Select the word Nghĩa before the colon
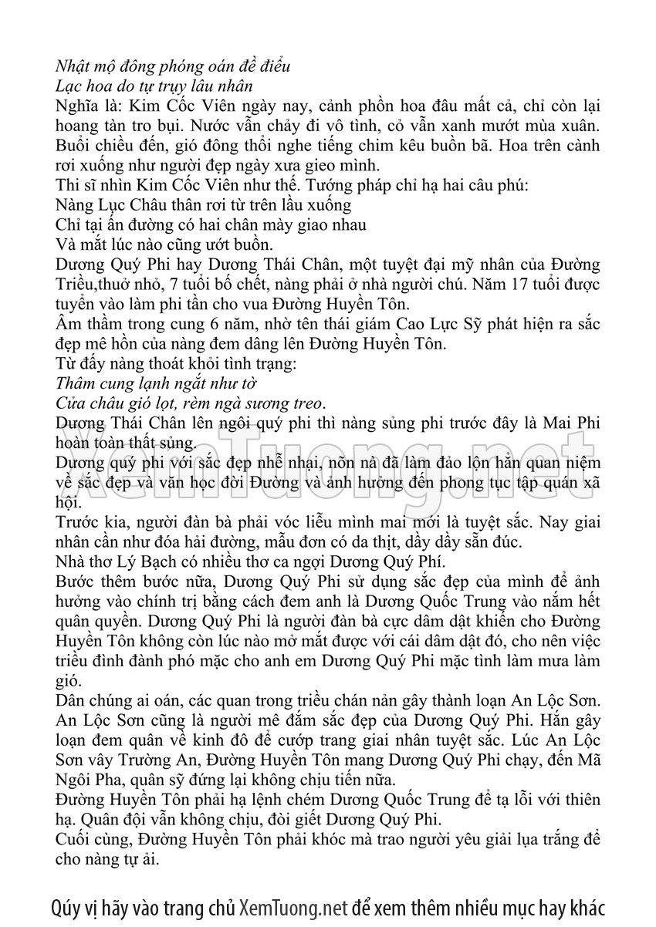pyautogui.click(x=77, y=104)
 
